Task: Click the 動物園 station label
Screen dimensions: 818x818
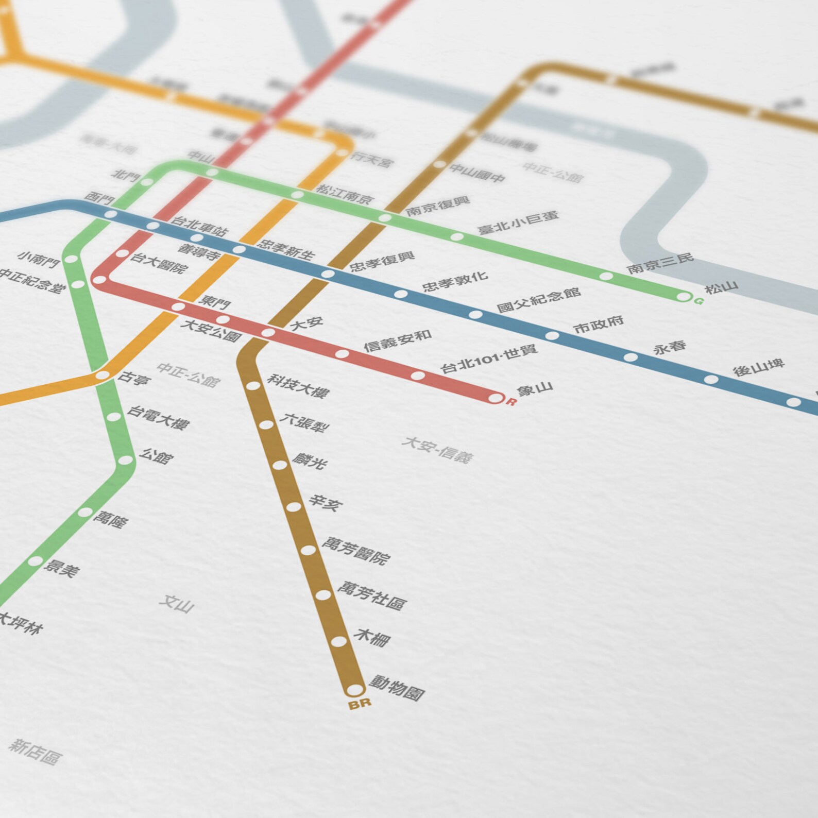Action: pos(397,688)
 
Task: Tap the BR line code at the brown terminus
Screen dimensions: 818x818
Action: pos(360,704)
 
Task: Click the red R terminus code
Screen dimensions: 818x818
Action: pos(510,402)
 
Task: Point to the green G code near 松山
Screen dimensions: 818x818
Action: pos(698,301)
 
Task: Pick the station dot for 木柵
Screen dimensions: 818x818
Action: pos(338,642)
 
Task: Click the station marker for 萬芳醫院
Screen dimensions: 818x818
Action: pos(308,550)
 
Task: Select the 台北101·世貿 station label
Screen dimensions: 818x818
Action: pos(489,359)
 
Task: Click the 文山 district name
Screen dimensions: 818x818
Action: pos(176,603)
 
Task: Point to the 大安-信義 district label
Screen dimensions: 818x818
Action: pos(437,449)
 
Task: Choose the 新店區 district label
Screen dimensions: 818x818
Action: pos(36,752)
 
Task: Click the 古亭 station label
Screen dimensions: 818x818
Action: pos(133,379)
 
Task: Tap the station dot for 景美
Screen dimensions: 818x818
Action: pos(35,561)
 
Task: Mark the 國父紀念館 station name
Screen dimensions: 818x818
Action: pos(539,300)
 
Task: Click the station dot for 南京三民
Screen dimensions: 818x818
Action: pos(606,276)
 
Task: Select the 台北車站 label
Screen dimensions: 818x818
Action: pos(199,226)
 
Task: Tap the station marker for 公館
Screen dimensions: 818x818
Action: pos(125,460)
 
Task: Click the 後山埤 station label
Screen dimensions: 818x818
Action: pos(759,367)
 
